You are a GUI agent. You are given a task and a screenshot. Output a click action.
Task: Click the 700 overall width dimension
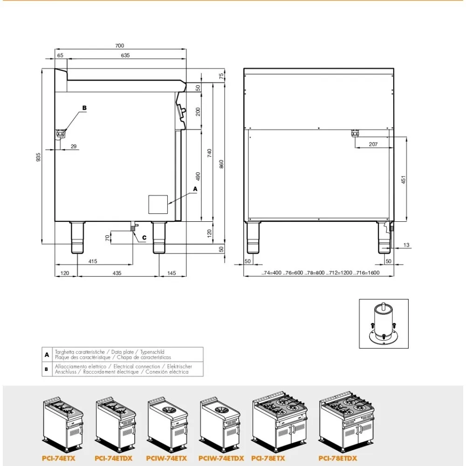[x=119, y=45]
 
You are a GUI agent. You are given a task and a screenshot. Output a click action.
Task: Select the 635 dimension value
[x=125, y=55]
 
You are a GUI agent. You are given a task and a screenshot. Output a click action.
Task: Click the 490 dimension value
[x=198, y=178]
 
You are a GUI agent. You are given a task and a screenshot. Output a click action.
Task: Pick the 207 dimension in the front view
[x=373, y=144]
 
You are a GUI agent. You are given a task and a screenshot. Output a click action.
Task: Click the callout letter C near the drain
[x=144, y=237]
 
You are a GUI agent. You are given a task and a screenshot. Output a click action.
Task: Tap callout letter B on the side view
[x=84, y=108]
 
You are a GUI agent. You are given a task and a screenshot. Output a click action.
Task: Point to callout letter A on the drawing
[x=195, y=189]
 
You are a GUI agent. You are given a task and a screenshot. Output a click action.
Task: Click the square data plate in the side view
[x=158, y=204]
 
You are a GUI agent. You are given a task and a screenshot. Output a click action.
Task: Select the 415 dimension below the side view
[x=93, y=261]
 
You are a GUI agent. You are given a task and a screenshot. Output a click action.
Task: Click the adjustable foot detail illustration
[x=383, y=323]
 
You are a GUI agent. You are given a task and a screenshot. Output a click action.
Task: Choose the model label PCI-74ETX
[x=58, y=459]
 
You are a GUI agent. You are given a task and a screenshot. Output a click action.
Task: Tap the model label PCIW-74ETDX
[x=221, y=459]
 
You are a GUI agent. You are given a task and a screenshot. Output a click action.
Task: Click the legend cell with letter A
[x=47, y=355]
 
